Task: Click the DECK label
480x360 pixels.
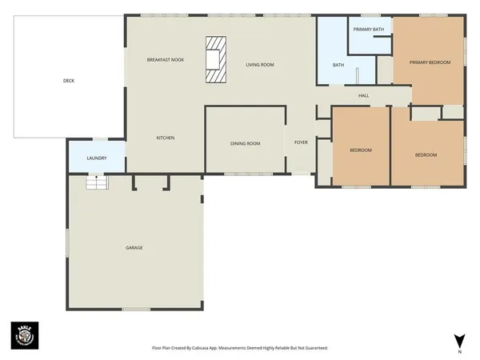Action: coord(68,80)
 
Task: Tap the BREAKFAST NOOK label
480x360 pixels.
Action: coord(166,60)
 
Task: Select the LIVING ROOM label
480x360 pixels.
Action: coord(260,65)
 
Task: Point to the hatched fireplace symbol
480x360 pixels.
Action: coord(214,59)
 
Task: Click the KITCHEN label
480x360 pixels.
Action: coord(166,138)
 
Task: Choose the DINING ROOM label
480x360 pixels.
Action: coord(246,143)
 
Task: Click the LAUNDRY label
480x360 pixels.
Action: coord(97,158)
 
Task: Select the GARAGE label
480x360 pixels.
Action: coord(134,248)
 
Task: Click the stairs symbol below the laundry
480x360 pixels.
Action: coord(97,183)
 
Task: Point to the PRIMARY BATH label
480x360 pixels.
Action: coord(369,29)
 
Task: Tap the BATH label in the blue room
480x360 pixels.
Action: coord(338,66)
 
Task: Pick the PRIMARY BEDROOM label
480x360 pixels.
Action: coord(430,62)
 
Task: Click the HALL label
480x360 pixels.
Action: coord(363,96)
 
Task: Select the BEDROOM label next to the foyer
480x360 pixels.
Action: coord(361,150)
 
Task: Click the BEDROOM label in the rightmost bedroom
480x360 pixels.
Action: coord(426,154)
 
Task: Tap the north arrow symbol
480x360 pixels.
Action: coord(459,339)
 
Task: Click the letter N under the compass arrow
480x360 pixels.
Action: coord(459,351)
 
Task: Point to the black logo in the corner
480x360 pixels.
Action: coord(24,336)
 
